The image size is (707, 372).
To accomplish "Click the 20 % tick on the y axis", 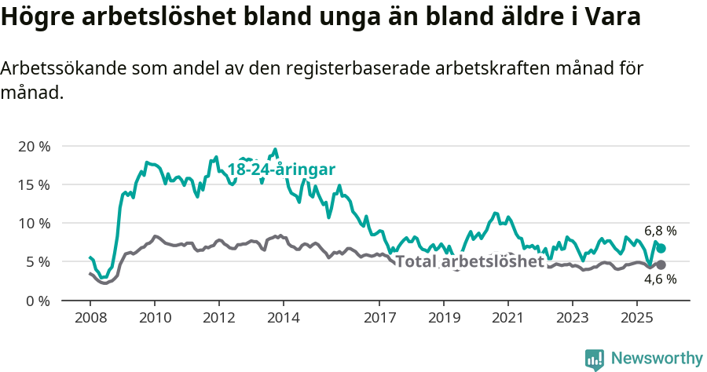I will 34,147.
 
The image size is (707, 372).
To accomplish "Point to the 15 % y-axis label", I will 34,185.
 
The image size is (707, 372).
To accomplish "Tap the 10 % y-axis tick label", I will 34,224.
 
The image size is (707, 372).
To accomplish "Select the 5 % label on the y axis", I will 38,262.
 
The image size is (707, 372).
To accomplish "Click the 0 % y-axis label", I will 38,301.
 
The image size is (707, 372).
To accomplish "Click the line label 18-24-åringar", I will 281,170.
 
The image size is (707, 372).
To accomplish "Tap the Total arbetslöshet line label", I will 469,261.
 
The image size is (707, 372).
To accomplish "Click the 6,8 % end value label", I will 661,232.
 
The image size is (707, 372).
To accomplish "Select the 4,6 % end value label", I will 661,279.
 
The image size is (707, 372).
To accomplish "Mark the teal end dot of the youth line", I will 661,248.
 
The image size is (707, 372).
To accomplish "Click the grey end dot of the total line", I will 661,265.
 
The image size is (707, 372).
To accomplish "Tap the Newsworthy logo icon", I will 595,359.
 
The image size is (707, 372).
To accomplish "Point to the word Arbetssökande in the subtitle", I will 64,68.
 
